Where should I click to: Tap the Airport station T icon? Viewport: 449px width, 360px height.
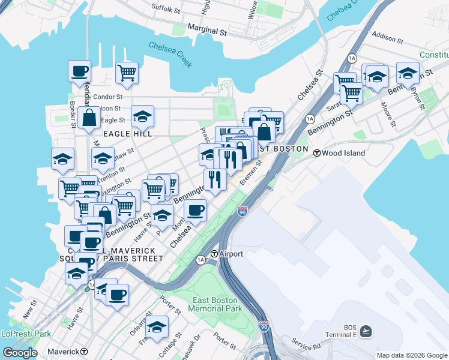pyautogui.click(x=214, y=254)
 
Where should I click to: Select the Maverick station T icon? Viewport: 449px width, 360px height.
pyautogui.click(x=84, y=352)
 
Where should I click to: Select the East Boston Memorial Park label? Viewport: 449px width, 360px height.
pyautogui.click(x=215, y=304)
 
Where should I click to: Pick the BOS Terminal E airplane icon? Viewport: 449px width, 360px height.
pyautogui.click(x=366, y=331)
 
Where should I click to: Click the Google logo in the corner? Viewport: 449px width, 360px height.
pyautogui.click(x=20, y=352)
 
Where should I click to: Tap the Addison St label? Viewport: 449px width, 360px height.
pyautogui.click(x=387, y=37)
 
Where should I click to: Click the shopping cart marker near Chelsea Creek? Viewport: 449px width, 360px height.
pyautogui.click(x=127, y=73)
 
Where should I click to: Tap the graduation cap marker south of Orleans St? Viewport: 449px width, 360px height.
pyautogui.click(x=157, y=327)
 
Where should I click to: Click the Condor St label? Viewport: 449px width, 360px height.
pyautogui.click(x=108, y=97)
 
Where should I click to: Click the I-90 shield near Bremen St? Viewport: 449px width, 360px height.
pyautogui.click(x=242, y=211)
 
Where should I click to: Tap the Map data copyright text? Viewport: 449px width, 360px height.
pyautogui.click(x=411, y=355)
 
